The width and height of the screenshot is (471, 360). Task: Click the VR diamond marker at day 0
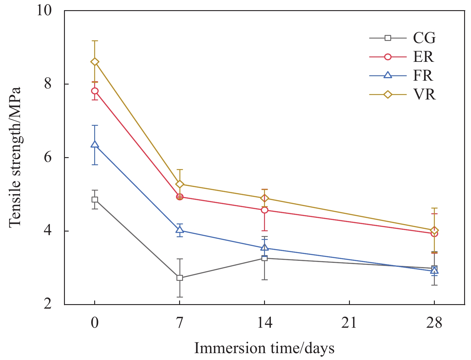(x=95, y=62)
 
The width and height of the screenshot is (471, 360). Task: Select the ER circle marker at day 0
(x=95, y=91)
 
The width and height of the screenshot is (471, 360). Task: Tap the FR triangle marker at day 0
(x=95, y=145)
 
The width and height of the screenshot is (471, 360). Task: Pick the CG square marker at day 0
(x=95, y=200)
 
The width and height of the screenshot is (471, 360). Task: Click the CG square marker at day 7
(x=180, y=278)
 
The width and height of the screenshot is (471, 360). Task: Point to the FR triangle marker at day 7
(x=180, y=230)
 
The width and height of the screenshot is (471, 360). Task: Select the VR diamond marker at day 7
(x=180, y=184)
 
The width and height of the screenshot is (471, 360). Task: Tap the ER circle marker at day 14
(x=265, y=210)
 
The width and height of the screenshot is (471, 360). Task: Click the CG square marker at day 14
(x=265, y=258)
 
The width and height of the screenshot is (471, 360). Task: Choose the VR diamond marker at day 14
(x=265, y=198)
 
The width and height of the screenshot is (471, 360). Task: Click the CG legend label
(x=424, y=38)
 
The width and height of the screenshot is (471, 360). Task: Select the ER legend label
(x=423, y=57)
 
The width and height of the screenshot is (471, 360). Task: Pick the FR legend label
(x=423, y=76)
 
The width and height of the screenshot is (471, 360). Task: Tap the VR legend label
(x=424, y=95)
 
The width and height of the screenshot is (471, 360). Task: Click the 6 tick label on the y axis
(x=48, y=157)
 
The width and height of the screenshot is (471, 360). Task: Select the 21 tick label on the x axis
(x=349, y=323)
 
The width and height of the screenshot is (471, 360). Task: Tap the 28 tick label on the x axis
(x=434, y=323)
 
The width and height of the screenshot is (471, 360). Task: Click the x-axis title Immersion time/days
(x=264, y=348)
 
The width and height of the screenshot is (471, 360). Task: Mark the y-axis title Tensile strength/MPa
(x=15, y=157)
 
